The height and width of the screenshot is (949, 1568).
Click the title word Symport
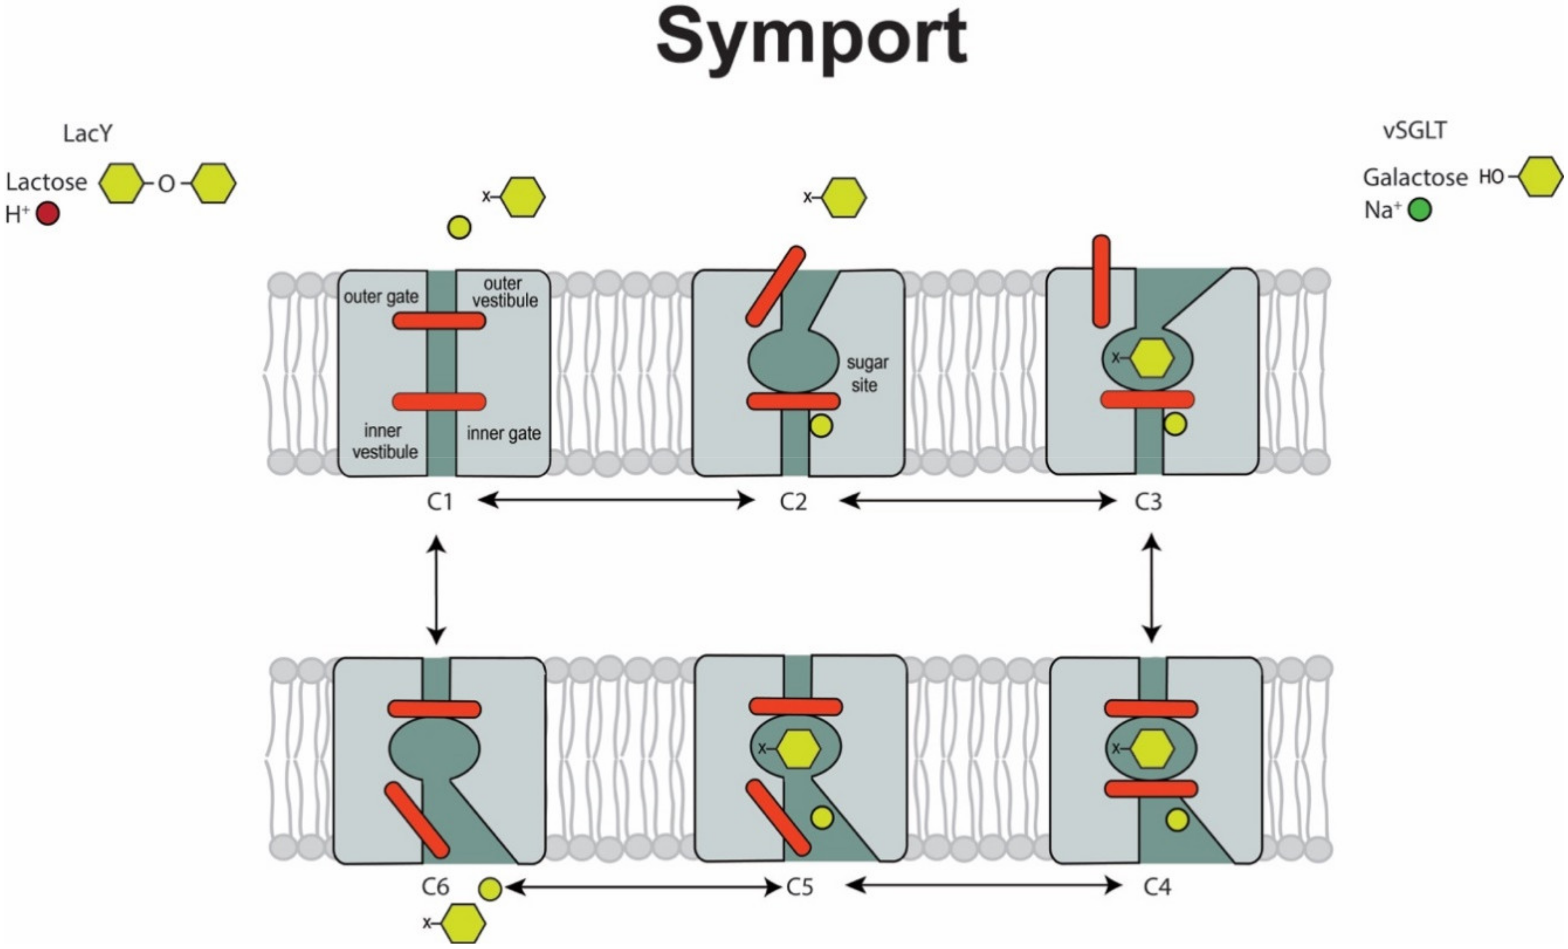tap(811, 40)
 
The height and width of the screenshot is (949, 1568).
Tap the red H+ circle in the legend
tap(48, 214)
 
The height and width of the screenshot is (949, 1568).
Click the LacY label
tap(87, 133)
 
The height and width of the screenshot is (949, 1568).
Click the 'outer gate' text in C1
tap(381, 296)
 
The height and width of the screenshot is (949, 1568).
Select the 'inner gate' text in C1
tap(503, 433)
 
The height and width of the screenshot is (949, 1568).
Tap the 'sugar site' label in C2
tap(866, 374)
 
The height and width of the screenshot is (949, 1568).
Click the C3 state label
tap(1148, 502)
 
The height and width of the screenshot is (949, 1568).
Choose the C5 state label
tap(800, 887)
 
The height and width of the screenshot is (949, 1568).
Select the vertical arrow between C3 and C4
tap(1151, 587)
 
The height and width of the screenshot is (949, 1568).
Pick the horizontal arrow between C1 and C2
tap(615, 500)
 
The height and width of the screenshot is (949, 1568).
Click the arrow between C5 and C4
tap(983, 885)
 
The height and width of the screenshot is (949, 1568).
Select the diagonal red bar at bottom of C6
tap(417, 820)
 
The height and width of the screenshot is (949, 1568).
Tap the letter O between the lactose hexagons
tap(166, 184)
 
